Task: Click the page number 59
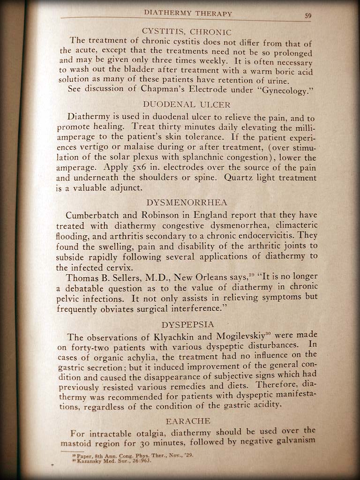click(x=308, y=15)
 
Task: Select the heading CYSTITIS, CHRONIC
click(x=187, y=32)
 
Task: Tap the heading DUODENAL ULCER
click(x=187, y=105)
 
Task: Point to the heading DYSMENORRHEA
click(x=187, y=202)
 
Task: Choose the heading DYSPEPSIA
click(x=187, y=324)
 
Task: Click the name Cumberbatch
click(x=95, y=216)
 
